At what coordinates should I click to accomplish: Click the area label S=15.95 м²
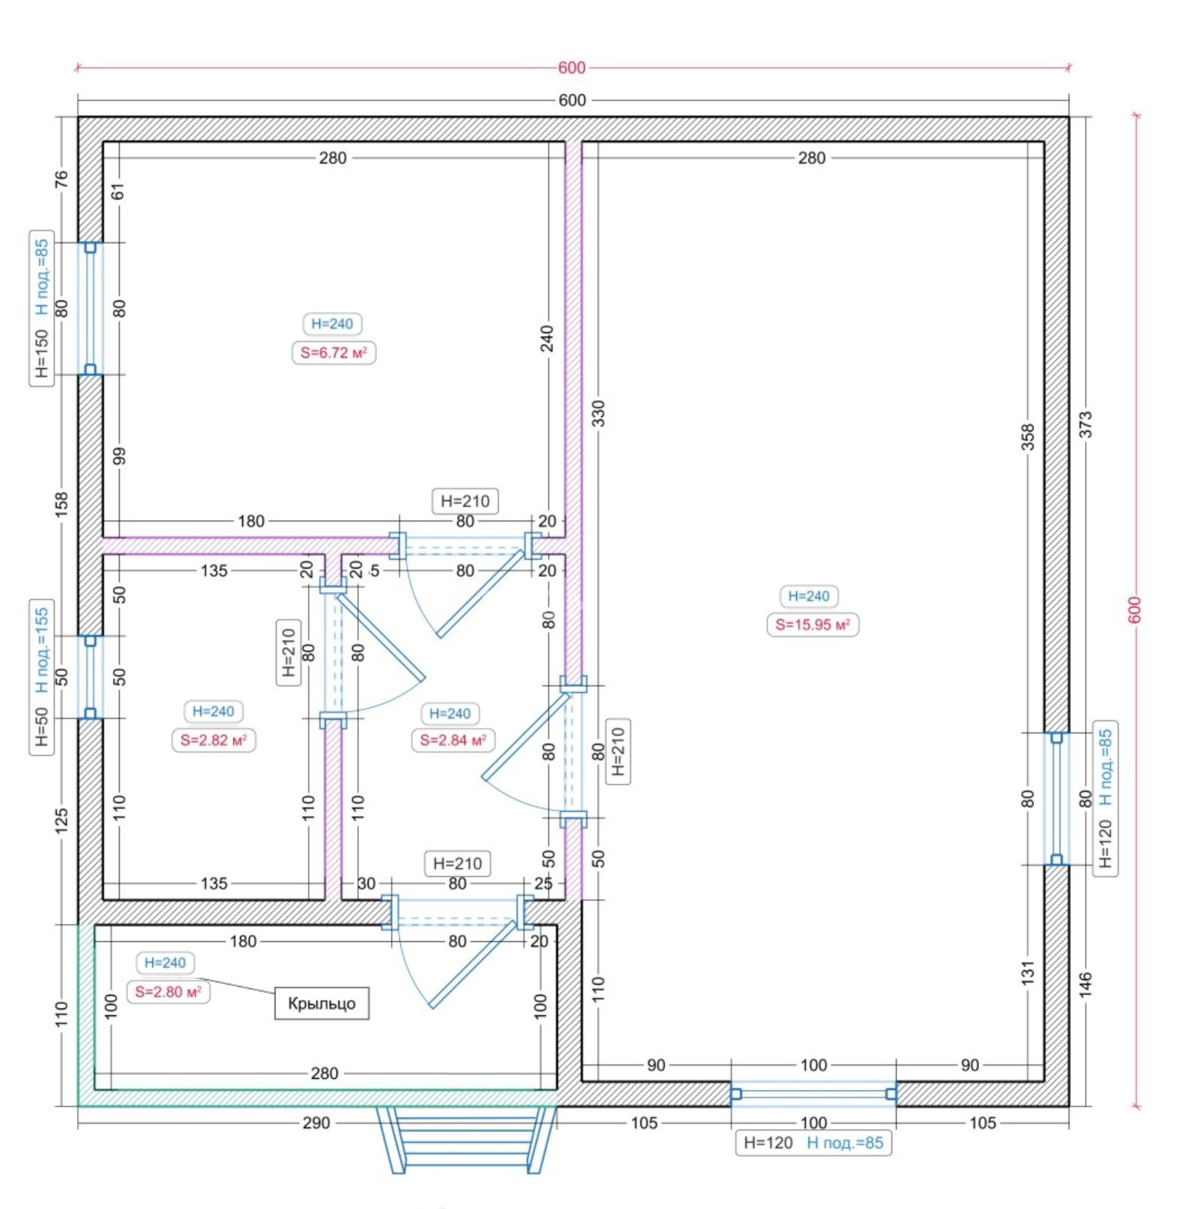pos(812,625)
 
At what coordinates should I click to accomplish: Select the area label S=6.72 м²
pos(334,352)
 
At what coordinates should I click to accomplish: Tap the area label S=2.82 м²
pos(213,740)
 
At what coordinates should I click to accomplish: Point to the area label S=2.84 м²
pos(452,740)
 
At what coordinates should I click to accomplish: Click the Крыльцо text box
pos(322,1003)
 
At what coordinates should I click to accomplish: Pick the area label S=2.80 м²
pos(168,991)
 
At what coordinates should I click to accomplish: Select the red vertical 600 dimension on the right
pos(1136,610)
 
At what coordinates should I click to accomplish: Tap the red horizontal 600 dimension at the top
pos(572,68)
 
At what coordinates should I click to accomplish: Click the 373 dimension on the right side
pos(1086,424)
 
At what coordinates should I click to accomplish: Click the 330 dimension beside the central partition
pos(598,414)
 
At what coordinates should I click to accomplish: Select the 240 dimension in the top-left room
pos(547,339)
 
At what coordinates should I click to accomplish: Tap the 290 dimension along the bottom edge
pos(316,1122)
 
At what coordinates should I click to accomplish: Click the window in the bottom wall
pos(814,1094)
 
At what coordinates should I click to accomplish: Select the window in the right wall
pos(1057,798)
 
